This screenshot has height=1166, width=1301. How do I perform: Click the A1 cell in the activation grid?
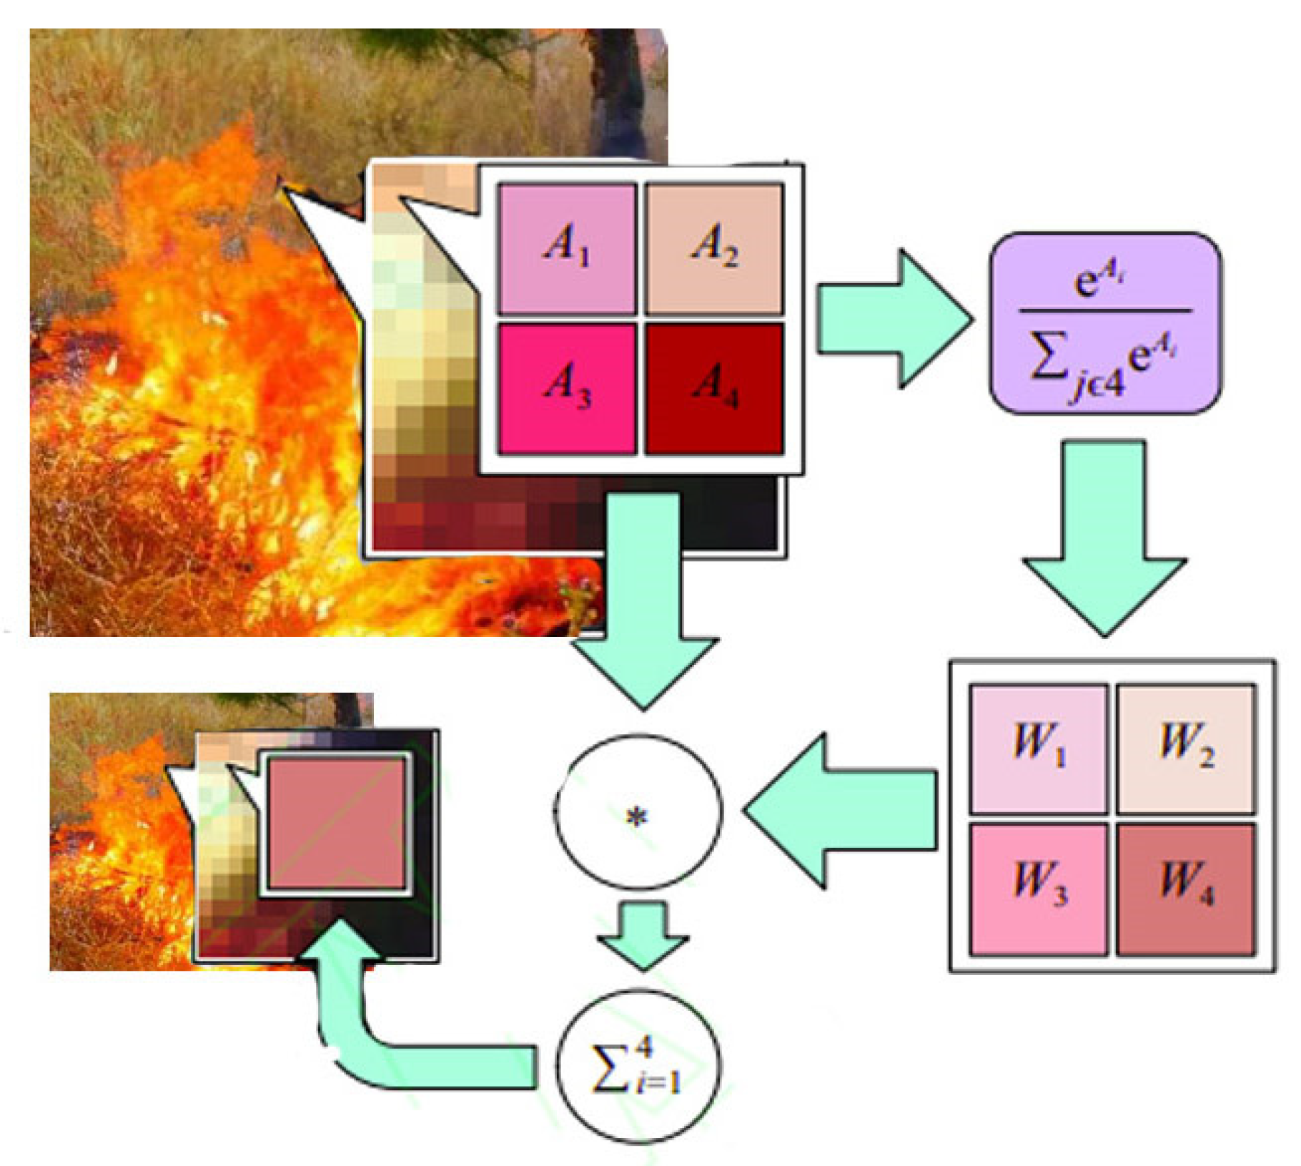tap(567, 248)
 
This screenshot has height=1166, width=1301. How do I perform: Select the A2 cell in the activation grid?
tap(714, 248)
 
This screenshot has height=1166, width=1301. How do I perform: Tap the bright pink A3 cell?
tap(567, 388)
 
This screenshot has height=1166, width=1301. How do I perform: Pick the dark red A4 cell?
tap(714, 388)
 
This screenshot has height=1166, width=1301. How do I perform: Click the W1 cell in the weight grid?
tap(1038, 748)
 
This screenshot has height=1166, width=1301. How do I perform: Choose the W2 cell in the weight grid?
tap(1186, 748)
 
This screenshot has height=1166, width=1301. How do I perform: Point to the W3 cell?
tap(1038, 889)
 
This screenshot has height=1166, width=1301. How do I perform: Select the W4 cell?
tap(1186, 889)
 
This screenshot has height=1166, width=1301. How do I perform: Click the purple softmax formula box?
tap(1105, 323)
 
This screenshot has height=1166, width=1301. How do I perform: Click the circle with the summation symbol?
tap(638, 1068)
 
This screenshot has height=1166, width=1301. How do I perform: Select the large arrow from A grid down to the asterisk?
tap(643, 608)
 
